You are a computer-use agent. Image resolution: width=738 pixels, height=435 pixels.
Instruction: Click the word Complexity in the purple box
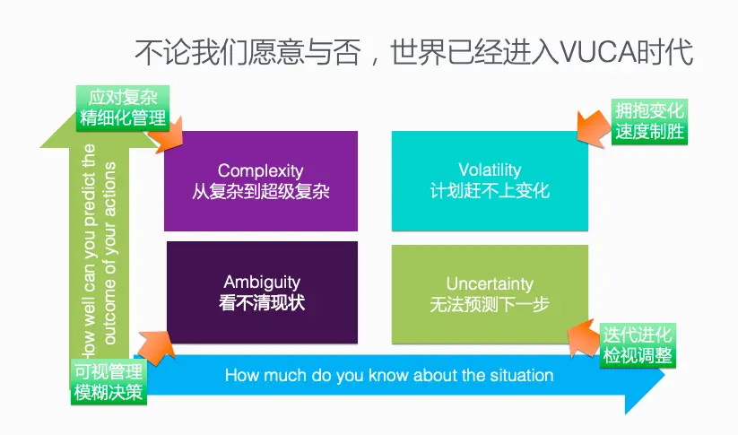point(260,170)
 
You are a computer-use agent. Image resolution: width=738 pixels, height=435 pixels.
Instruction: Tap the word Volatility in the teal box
point(490,170)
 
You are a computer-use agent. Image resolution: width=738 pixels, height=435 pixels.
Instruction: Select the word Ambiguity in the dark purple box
point(262,282)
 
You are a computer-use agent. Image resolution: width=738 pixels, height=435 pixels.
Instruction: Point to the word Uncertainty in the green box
point(490,283)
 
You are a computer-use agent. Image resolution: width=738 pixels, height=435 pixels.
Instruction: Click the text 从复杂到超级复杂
point(260,191)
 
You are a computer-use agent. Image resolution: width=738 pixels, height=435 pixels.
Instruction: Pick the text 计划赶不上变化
point(490,191)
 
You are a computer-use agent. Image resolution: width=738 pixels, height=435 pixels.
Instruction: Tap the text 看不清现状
point(262,302)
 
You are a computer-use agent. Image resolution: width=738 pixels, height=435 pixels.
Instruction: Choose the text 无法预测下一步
point(490,304)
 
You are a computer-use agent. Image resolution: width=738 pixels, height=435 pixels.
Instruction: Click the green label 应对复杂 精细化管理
point(123,107)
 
